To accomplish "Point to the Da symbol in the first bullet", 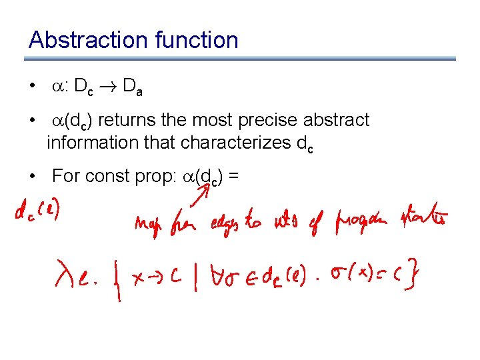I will click(x=148, y=86).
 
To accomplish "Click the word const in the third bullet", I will click(x=114, y=176).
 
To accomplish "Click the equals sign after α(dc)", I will click(x=233, y=176).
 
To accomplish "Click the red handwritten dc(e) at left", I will click(x=38, y=211).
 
